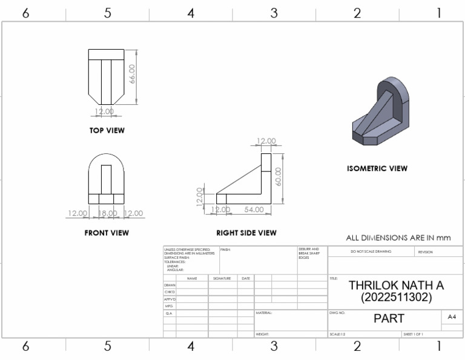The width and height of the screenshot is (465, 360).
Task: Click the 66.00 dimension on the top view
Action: click(132, 75)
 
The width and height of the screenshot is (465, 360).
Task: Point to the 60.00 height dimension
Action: click(279, 176)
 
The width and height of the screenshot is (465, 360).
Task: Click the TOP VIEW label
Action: click(107, 130)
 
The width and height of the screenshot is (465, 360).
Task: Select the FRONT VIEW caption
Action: click(107, 233)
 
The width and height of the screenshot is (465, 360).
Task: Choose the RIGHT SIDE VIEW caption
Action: click(246, 233)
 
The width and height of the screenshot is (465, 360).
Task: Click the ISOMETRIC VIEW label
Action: click(377, 168)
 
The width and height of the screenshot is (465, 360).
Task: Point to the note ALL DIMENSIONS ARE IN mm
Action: click(398, 238)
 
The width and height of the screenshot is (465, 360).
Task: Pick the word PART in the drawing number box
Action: click(389, 318)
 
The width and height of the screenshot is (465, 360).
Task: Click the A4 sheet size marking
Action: click(452, 316)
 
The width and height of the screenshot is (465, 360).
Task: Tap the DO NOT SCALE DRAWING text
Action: click(371, 252)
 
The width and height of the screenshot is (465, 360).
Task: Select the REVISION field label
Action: click(425, 252)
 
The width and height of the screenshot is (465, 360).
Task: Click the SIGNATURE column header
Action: click(222, 278)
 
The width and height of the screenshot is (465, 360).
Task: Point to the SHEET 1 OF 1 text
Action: click(413, 334)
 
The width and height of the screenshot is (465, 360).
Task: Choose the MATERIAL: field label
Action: click(265, 313)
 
